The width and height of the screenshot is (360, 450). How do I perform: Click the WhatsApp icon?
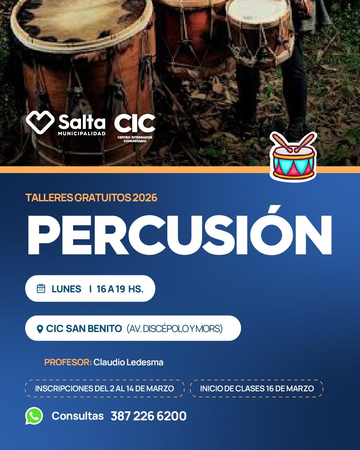click(x=34, y=416)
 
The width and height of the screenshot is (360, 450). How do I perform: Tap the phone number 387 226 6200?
click(x=149, y=416)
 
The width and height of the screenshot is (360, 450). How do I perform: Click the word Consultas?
click(x=78, y=416)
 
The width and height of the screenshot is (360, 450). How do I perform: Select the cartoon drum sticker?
click(x=293, y=156)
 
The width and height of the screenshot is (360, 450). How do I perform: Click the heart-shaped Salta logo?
click(x=40, y=122)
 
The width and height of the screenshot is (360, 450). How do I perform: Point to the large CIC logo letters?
click(x=135, y=123)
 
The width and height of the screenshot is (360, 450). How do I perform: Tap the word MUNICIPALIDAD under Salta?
click(x=82, y=134)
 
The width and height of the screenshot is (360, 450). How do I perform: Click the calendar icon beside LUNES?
click(x=41, y=289)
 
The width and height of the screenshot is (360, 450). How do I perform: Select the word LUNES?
click(x=66, y=289)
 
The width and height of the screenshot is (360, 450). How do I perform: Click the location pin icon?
click(x=40, y=329)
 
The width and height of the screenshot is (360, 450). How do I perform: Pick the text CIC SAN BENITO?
click(x=84, y=329)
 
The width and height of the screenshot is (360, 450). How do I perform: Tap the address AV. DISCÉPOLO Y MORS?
click(x=175, y=329)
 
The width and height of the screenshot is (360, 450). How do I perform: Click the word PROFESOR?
click(x=68, y=362)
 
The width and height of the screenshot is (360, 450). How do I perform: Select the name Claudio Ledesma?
click(x=128, y=362)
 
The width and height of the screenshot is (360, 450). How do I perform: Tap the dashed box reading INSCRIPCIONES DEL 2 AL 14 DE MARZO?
click(x=105, y=389)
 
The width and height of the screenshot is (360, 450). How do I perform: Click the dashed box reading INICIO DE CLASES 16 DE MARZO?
click(x=257, y=389)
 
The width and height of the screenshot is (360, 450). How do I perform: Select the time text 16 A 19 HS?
click(x=120, y=289)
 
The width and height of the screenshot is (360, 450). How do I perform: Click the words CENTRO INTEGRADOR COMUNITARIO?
click(x=135, y=139)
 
